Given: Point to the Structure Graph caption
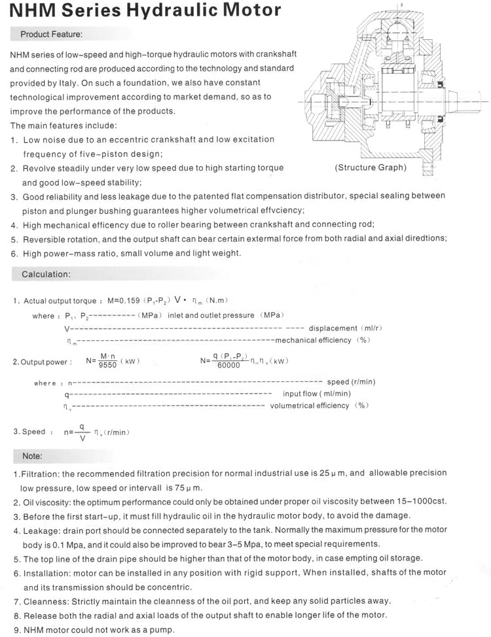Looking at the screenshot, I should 371,167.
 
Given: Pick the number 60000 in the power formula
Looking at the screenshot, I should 230,365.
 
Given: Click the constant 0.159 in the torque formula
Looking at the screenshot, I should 123,301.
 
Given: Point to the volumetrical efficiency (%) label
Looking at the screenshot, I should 319,405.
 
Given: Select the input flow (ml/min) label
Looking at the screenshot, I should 317,394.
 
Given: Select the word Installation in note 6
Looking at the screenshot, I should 46,572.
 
